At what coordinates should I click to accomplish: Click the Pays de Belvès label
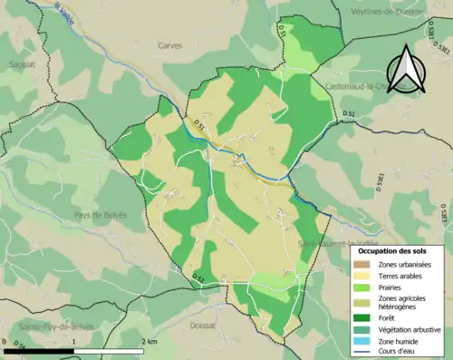101,215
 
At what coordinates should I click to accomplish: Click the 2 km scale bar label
150,342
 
